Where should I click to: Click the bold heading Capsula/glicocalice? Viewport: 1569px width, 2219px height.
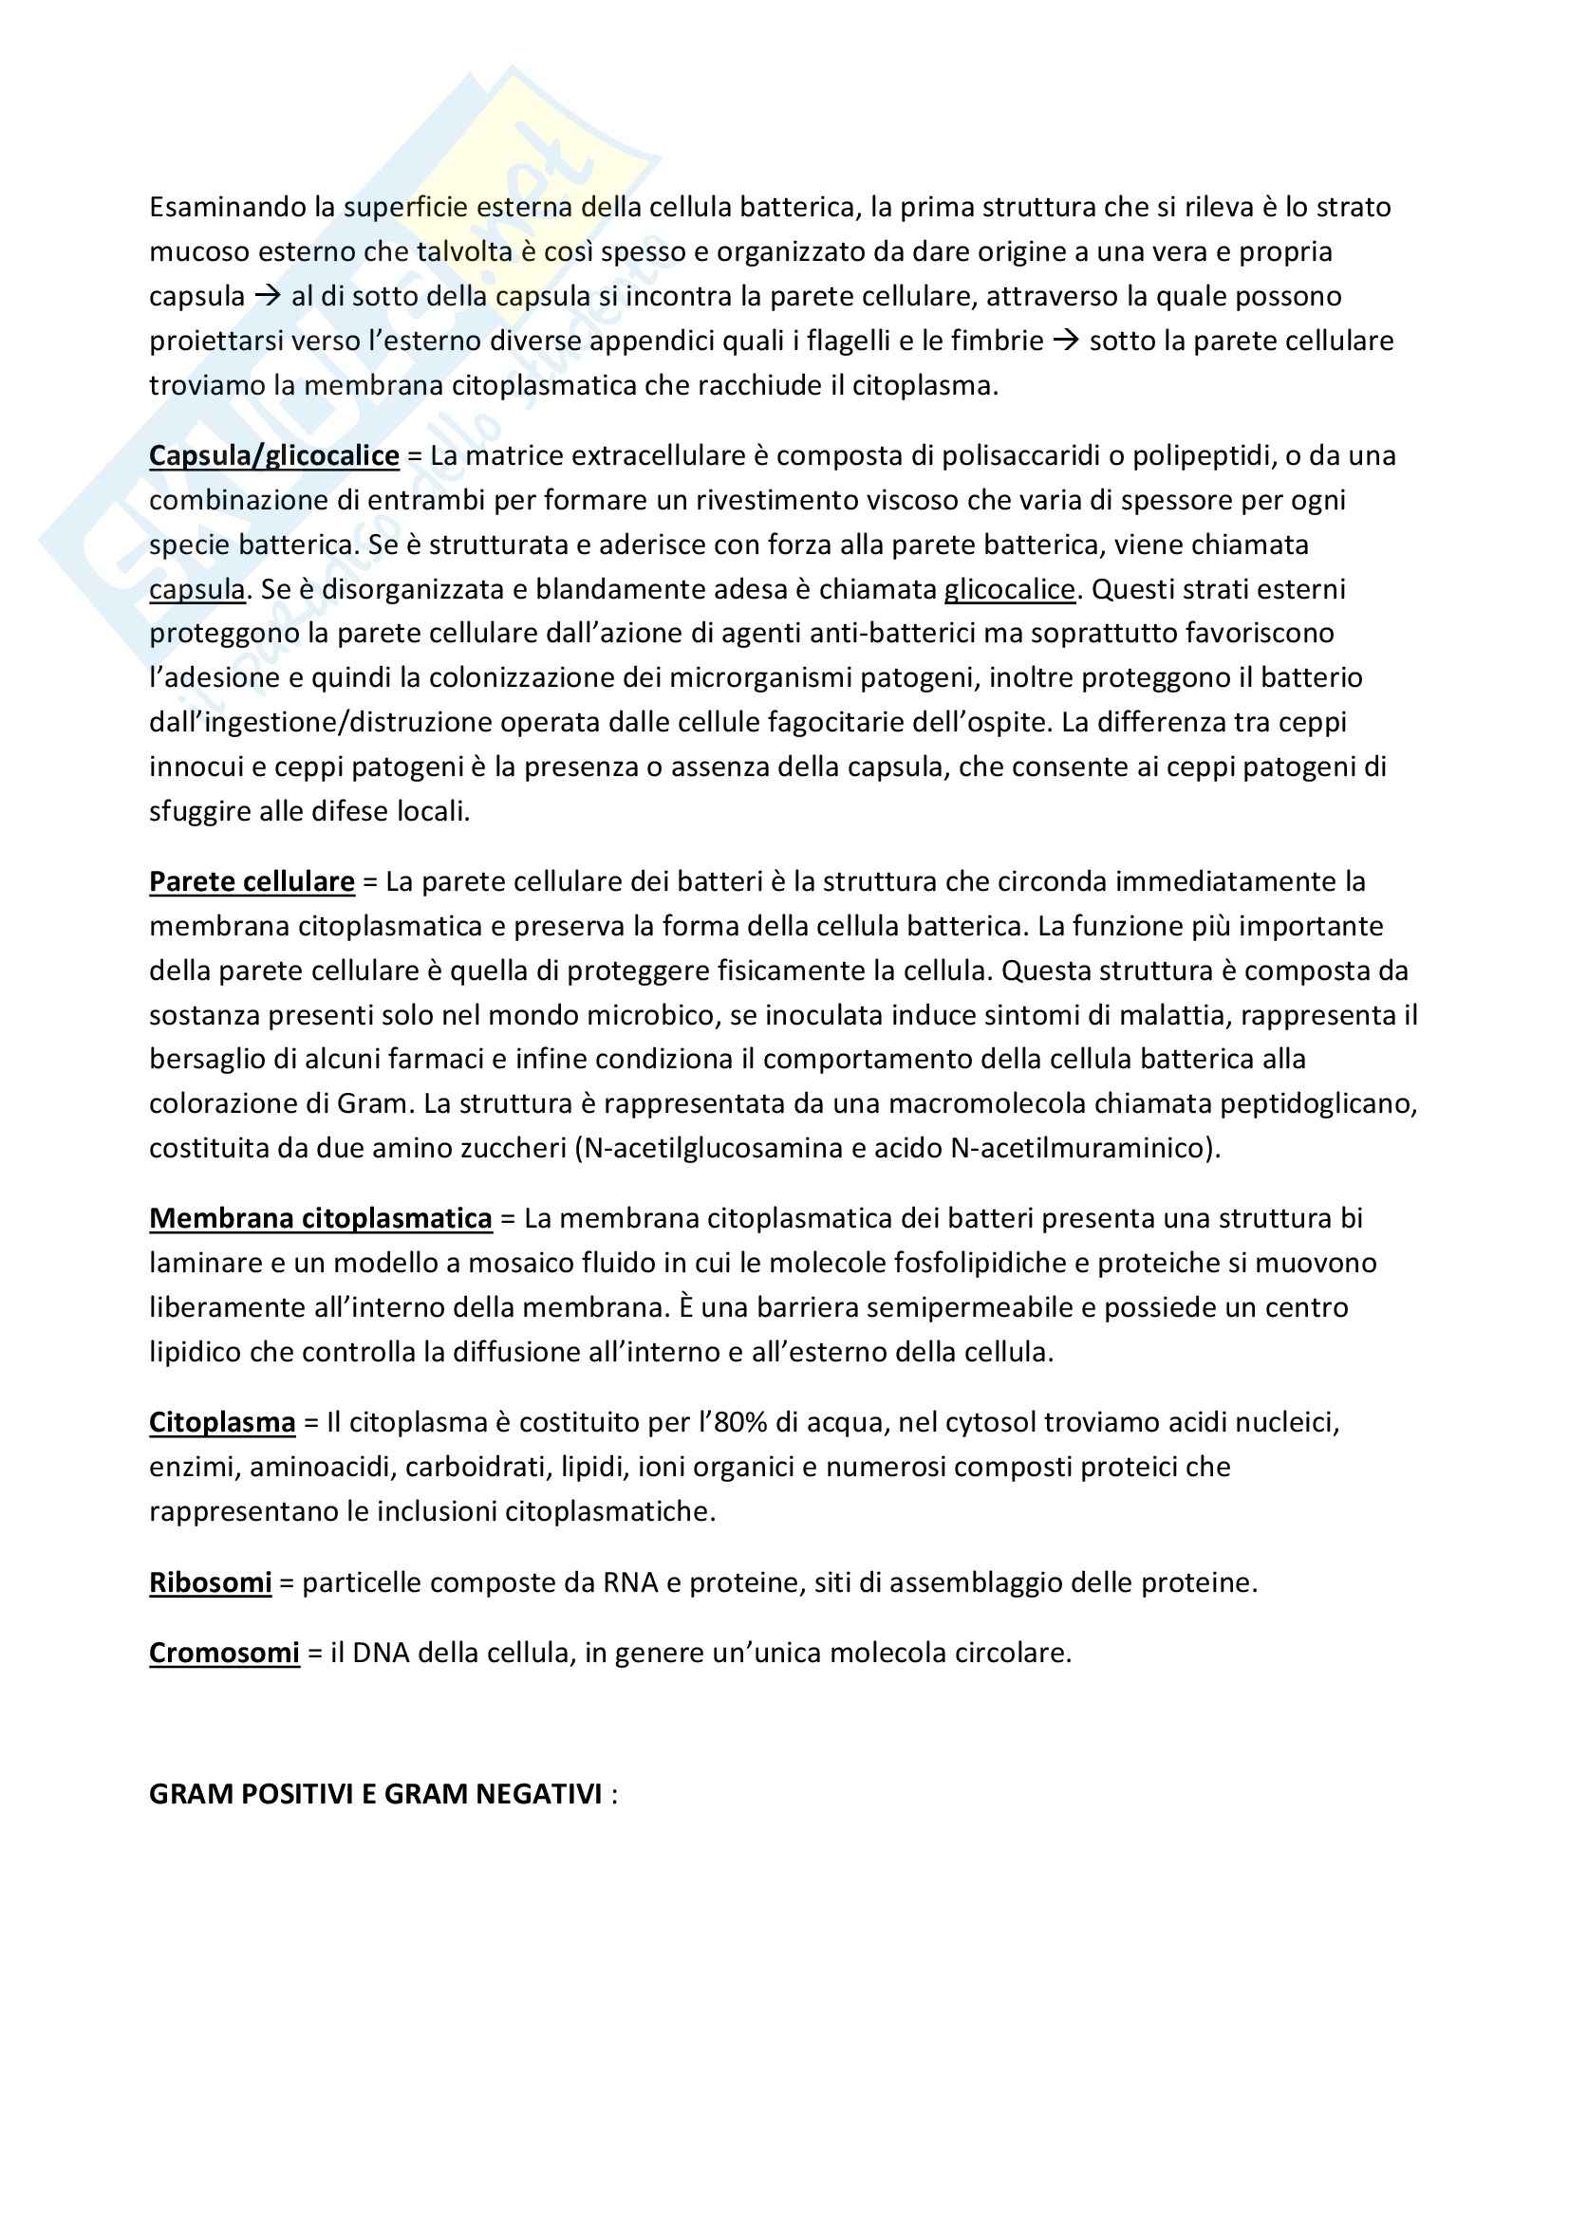tap(273, 455)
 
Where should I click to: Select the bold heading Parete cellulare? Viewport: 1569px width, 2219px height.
tap(252, 881)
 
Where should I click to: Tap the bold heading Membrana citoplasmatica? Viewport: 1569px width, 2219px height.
tap(320, 1218)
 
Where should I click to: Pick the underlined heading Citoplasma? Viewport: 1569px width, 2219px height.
tap(221, 1422)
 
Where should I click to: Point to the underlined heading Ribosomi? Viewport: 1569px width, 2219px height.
tap(210, 1582)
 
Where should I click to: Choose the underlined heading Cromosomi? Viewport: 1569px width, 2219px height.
tap(223, 1653)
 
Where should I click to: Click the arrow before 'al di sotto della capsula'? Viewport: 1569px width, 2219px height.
tap(267, 296)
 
